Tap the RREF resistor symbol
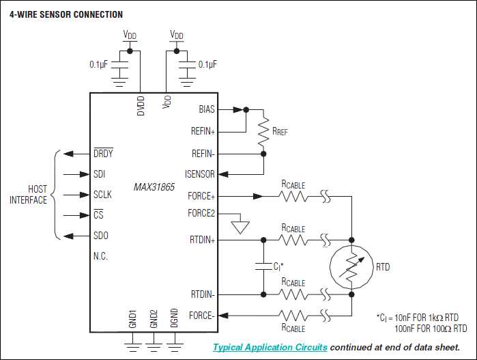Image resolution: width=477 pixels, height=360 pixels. click(263, 131)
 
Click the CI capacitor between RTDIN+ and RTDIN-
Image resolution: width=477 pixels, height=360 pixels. click(263, 266)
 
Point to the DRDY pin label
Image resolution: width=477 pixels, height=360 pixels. click(103, 154)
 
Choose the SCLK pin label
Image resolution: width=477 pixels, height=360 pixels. click(102, 195)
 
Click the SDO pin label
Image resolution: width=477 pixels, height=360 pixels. click(100, 236)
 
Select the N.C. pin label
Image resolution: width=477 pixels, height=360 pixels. click(100, 257)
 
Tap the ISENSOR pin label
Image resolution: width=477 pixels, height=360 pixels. click(200, 174)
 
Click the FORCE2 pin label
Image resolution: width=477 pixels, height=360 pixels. click(201, 213)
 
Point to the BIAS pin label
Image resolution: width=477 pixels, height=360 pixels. click(206, 109)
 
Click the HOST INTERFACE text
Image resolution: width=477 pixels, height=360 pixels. click(28, 195)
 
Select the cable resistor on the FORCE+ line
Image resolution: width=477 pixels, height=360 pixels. click(293, 197)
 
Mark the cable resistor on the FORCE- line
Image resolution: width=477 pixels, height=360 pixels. click(293, 315)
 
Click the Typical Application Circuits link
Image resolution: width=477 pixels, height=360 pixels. click(270, 347)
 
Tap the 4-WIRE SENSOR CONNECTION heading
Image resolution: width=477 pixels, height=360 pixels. click(66, 14)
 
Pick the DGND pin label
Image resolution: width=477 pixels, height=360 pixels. click(175, 319)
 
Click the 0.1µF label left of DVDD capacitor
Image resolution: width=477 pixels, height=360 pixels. click(99, 64)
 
